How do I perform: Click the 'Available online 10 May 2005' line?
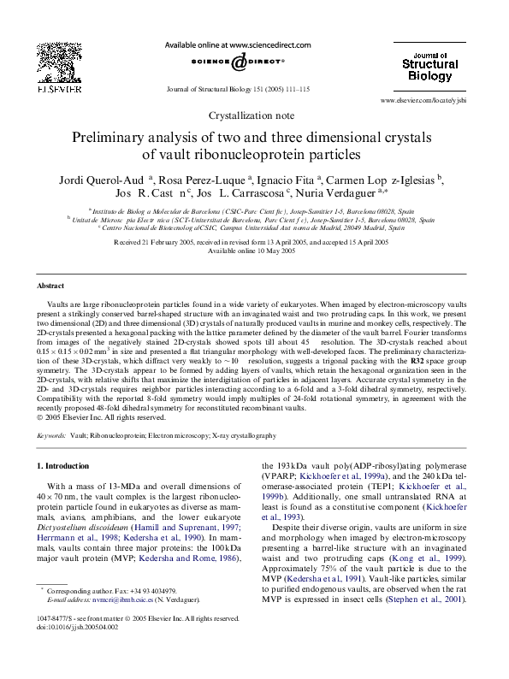(x=254, y=251)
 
